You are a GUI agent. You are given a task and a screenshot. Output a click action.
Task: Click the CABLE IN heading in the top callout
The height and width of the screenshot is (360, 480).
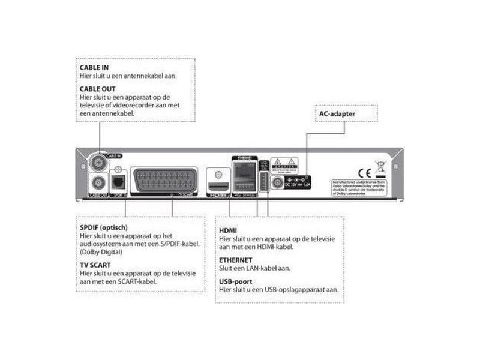(94, 67)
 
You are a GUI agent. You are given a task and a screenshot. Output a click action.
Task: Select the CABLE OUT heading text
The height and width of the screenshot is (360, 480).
(97, 88)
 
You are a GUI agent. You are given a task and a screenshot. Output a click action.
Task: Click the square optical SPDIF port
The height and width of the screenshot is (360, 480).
(119, 182)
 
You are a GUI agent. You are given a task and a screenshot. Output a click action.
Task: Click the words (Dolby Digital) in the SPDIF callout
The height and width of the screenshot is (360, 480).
(101, 253)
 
